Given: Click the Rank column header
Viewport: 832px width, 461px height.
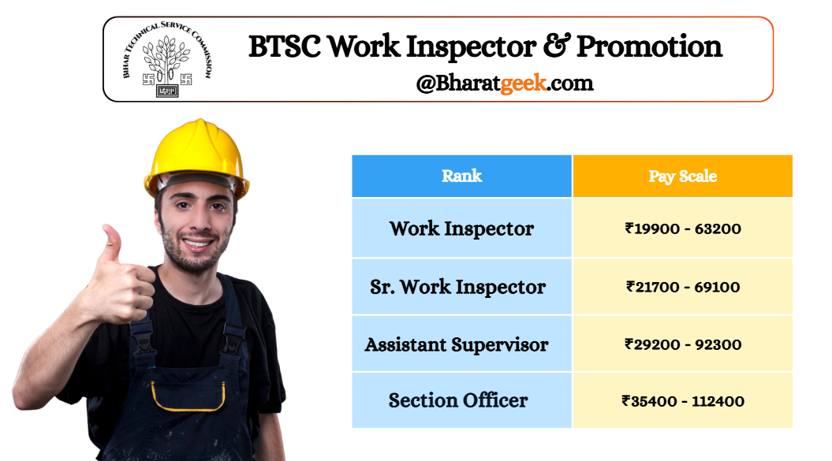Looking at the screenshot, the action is (x=461, y=176).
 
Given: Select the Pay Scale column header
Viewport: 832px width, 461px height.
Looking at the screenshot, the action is (x=683, y=176).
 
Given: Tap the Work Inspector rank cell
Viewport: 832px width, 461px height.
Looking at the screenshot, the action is (x=461, y=228).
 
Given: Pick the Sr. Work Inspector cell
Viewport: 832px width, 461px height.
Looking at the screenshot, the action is (x=461, y=287).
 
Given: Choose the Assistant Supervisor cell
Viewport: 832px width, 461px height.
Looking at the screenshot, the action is (x=461, y=344).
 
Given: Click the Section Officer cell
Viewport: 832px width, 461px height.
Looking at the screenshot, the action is (x=461, y=400).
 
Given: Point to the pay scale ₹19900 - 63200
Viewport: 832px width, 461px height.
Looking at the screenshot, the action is (x=683, y=229).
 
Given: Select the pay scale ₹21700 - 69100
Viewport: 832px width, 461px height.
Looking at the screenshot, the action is (x=683, y=287).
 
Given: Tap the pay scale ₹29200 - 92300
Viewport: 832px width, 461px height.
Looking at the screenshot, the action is (x=683, y=344).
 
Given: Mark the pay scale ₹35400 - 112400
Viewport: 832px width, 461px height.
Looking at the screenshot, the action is (x=683, y=401).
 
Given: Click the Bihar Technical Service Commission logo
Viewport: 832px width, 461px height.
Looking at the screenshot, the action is (x=167, y=59).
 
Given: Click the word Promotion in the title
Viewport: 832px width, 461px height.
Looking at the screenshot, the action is (x=649, y=46).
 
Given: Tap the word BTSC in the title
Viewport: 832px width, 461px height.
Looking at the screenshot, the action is (x=285, y=46).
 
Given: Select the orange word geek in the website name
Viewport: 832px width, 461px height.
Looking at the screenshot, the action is (x=523, y=84).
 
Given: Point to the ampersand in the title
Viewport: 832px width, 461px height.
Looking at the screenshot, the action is (x=557, y=46).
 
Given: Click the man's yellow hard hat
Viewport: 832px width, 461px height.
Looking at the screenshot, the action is (x=196, y=157).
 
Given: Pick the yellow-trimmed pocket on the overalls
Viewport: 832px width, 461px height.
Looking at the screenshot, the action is (x=188, y=396).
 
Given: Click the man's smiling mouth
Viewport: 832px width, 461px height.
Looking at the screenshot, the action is (x=197, y=244).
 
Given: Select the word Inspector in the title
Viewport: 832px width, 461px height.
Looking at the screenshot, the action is (x=471, y=46).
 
